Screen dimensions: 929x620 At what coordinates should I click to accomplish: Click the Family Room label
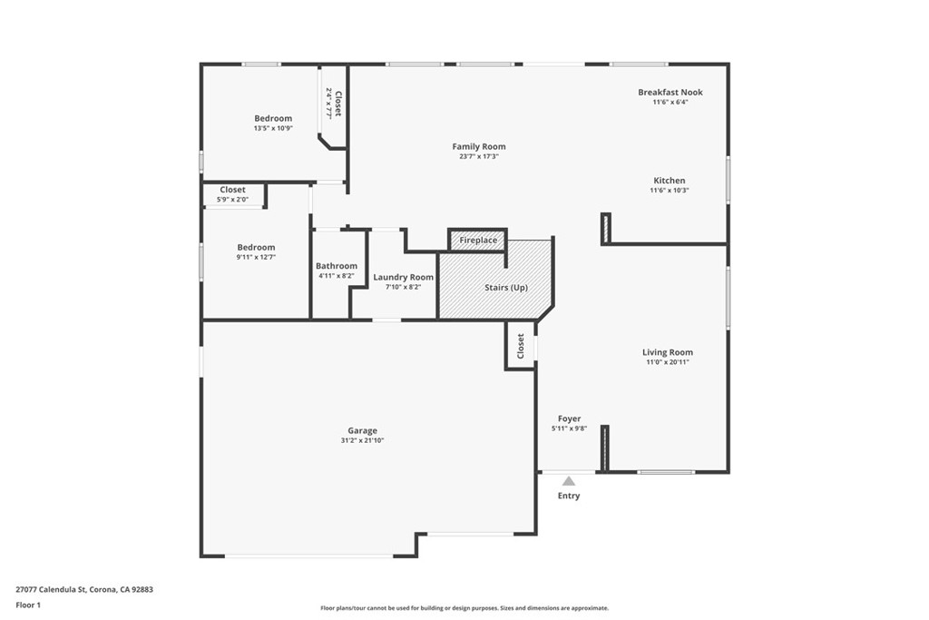(x=479, y=146)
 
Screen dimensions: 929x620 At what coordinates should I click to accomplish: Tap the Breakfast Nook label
(x=670, y=92)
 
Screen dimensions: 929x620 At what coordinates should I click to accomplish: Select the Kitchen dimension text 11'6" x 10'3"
(x=670, y=191)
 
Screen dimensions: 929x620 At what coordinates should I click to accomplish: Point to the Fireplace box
(x=477, y=240)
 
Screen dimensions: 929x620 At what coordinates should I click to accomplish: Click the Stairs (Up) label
(x=506, y=288)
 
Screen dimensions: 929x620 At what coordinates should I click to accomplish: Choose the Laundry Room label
(x=404, y=277)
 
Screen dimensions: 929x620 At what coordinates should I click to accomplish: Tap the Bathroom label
(x=337, y=266)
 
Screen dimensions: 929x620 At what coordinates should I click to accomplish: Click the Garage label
(x=362, y=431)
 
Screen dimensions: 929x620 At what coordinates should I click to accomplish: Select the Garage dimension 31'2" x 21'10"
(x=362, y=440)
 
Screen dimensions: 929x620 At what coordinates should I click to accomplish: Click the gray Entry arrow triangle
(x=569, y=481)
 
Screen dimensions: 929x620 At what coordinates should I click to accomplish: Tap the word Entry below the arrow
(x=569, y=496)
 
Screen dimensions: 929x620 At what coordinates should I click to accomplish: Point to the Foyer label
(x=570, y=418)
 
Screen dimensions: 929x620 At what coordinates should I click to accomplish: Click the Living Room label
(x=668, y=352)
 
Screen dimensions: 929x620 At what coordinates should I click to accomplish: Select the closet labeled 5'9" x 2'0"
(x=233, y=195)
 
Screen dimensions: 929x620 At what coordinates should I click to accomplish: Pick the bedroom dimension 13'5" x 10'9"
(x=273, y=128)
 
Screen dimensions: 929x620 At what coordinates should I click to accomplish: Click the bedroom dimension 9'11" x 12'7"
(x=256, y=257)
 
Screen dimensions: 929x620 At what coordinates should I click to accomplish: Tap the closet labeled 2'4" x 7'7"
(x=333, y=103)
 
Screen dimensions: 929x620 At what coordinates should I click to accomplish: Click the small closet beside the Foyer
(x=520, y=346)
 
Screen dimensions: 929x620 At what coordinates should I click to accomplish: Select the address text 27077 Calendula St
(x=51, y=589)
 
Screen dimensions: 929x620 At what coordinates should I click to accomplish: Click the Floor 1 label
(x=28, y=605)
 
